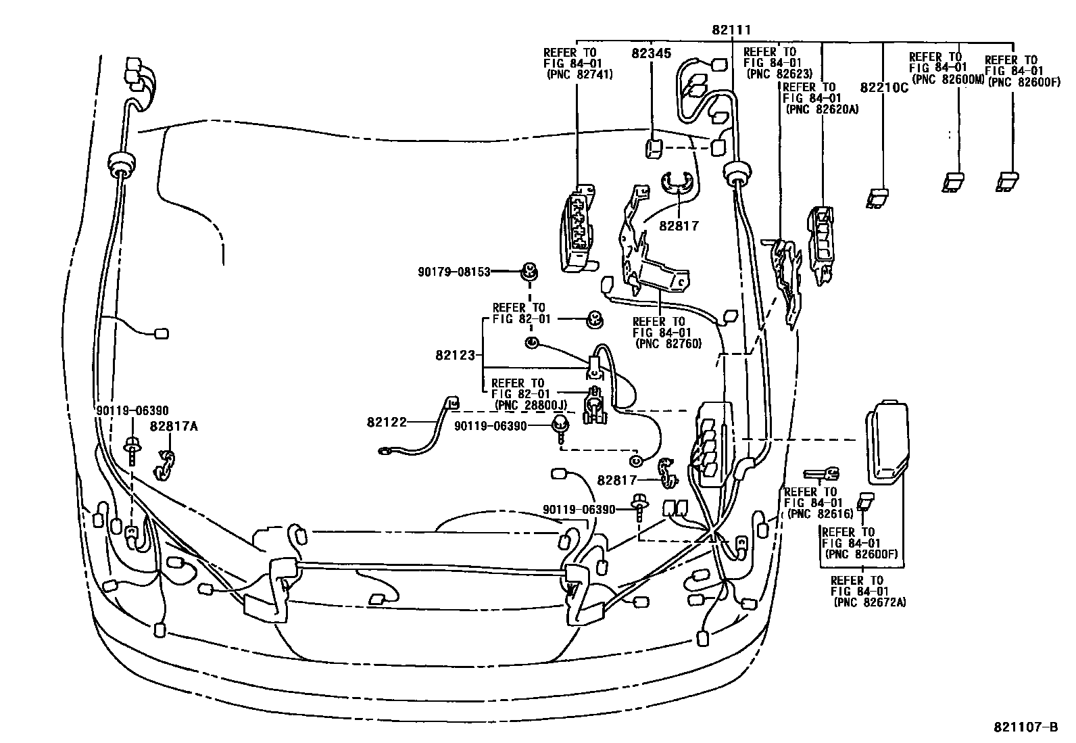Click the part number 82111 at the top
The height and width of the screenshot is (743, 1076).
tap(731, 30)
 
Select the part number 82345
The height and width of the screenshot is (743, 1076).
tap(652, 53)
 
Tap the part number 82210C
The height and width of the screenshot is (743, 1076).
tap(884, 88)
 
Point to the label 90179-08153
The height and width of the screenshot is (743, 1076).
tap(454, 272)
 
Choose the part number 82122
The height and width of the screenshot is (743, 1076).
tap(387, 422)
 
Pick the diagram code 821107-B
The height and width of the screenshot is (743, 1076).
tap(1025, 727)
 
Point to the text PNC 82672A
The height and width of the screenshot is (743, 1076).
tap(871, 602)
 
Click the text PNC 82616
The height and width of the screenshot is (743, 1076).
tap(820, 514)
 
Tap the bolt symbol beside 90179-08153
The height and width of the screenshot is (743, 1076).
tap(529, 272)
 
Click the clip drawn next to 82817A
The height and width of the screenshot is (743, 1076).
tap(166, 464)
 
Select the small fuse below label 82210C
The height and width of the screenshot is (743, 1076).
tap(878, 197)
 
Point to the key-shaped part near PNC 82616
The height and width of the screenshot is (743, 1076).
tap(821, 474)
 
